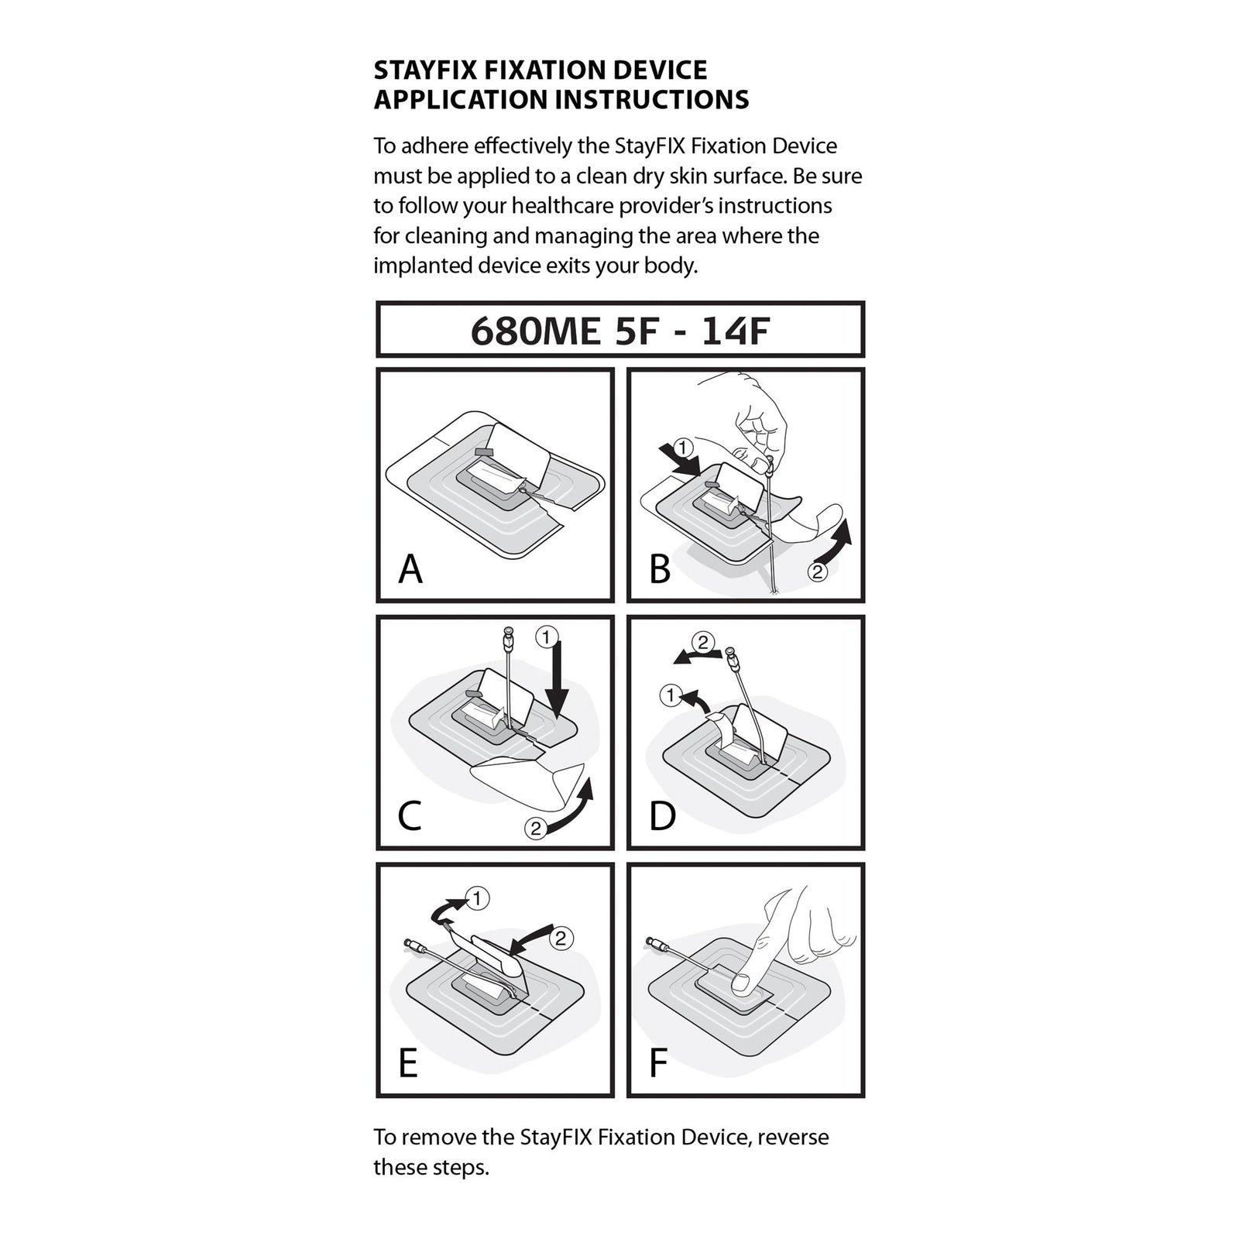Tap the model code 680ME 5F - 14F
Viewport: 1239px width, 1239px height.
(x=619, y=331)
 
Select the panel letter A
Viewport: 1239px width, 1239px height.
(x=410, y=569)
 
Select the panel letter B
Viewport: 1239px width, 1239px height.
(x=660, y=569)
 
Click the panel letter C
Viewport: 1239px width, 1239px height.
(x=410, y=816)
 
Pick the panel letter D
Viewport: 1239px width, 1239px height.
(x=662, y=816)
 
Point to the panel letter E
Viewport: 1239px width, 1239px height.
(x=408, y=1063)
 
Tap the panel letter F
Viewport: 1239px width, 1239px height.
(x=658, y=1063)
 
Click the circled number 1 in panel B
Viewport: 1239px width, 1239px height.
(x=681, y=447)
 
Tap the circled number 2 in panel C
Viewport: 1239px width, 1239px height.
(x=535, y=829)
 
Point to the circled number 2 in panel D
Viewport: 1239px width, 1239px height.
(x=702, y=642)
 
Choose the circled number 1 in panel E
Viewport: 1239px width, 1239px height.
(x=479, y=898)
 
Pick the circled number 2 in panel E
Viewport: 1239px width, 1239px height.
(x=561, y=939)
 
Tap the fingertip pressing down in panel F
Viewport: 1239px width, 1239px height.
(x=741, y=983)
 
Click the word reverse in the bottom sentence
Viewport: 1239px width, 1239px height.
(x=793, y=1138)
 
